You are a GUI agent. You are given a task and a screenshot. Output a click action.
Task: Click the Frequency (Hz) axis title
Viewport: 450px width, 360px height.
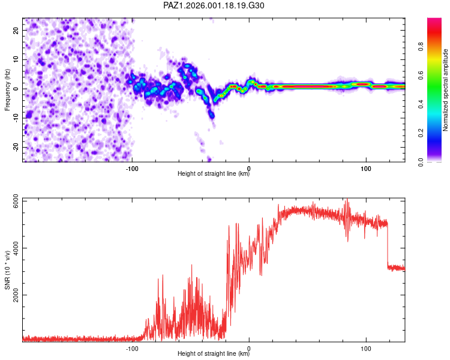7,89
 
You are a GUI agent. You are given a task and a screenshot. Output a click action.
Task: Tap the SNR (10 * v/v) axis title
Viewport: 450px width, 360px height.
7,271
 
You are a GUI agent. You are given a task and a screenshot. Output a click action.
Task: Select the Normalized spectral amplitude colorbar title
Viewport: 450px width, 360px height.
445,90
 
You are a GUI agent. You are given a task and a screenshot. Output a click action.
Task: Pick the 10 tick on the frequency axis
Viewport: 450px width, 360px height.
16,59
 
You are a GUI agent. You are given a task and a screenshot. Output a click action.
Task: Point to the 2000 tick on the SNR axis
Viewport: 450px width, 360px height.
12,295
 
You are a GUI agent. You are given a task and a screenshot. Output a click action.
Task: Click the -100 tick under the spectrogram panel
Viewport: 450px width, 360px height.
133,169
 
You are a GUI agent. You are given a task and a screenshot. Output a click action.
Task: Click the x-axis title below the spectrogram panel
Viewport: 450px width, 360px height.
213,174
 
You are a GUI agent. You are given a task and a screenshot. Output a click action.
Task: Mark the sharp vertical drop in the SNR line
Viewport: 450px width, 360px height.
388,246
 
